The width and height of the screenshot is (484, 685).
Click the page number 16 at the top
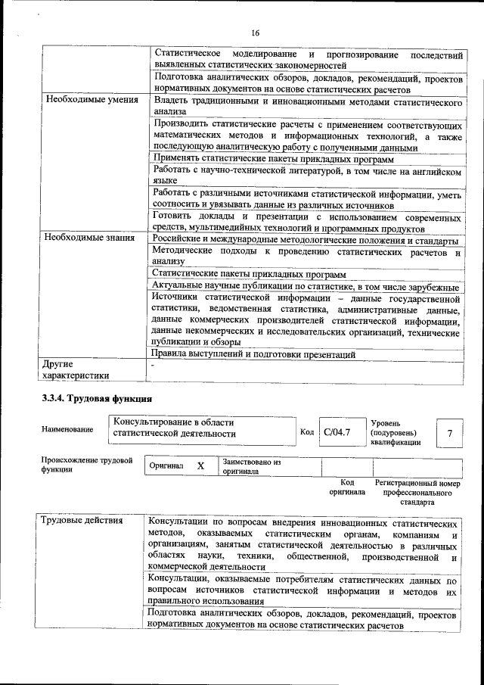(255, 33)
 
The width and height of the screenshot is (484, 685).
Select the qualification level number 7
(450, 433)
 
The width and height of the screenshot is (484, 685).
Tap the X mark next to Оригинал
(200, 466)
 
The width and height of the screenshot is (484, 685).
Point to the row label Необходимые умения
(91, 100)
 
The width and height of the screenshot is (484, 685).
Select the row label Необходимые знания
(89, 238)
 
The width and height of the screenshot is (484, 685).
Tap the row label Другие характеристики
(76, 369)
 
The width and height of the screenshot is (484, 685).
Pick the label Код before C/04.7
(307, 432)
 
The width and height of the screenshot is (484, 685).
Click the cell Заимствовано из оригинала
(252, 466)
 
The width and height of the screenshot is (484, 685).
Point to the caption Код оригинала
(347, 487)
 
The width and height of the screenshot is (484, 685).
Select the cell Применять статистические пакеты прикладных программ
(273, 158)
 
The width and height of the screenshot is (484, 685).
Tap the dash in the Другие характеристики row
(152, 365)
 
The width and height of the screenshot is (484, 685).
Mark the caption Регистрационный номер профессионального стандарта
(417, 492)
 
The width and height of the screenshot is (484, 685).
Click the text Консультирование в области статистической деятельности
(174, 428)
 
